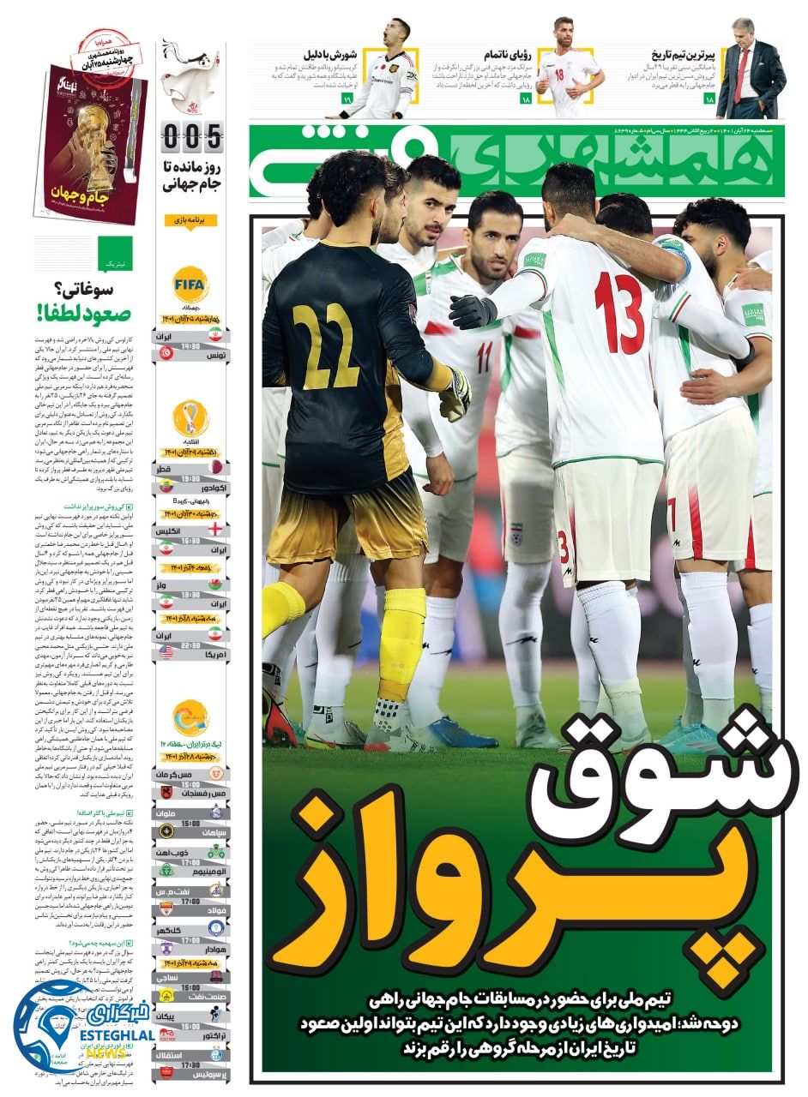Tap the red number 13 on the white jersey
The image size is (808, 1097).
click(619, 312)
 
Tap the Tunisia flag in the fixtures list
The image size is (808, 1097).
click(166, 352)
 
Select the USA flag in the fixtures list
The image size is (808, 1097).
click(166, 651)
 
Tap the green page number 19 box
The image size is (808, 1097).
click(347, 100)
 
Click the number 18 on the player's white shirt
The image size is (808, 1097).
click(560, 74)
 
